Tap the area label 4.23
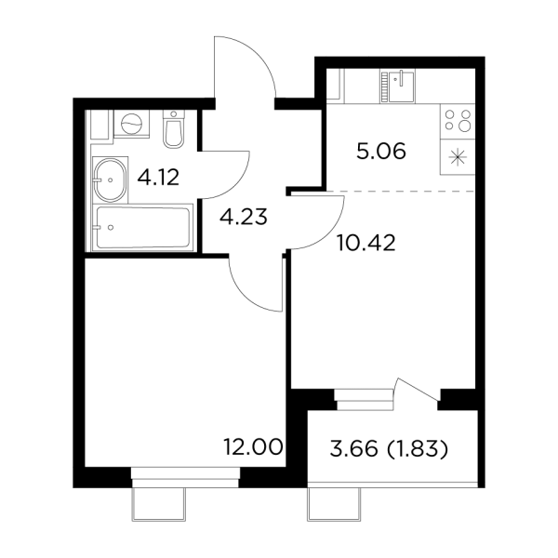[x=244, y=219]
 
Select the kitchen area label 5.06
[x=381, y=152]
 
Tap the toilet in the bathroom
[x=174, y=131]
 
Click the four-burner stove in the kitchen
[x=459, y=120]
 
